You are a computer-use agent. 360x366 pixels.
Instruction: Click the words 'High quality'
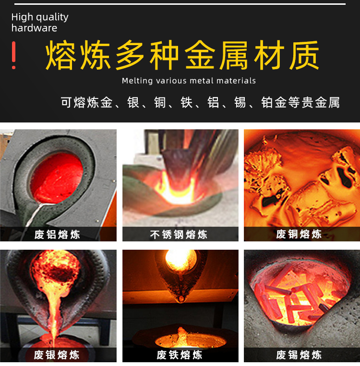(40, 17)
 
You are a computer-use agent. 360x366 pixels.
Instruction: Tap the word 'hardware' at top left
(34, 28)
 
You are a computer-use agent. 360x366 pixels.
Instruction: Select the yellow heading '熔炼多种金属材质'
(182, 56)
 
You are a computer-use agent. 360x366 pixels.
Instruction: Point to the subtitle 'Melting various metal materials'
(189, 81)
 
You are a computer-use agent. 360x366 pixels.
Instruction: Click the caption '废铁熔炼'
(179, 355)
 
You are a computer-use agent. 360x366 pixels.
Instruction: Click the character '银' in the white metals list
(133, 102)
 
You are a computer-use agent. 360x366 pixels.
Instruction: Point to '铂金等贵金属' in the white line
(300, 102)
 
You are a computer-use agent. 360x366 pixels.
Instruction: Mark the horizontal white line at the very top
(180, 4)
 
